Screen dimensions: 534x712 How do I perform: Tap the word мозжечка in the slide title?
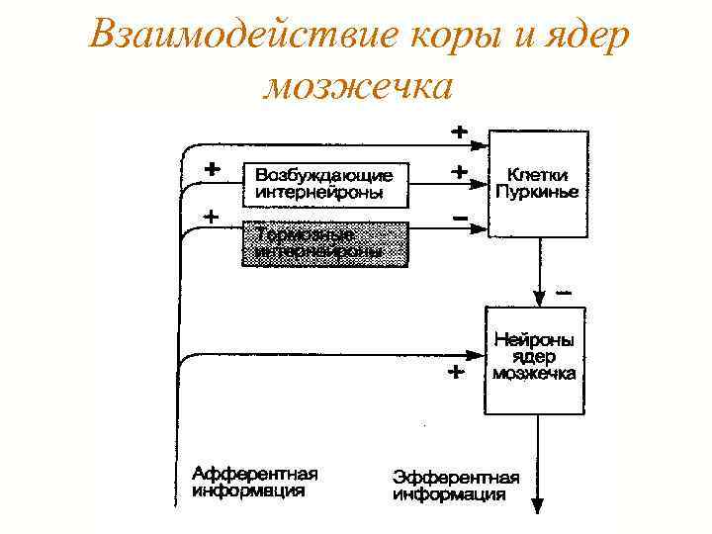click(358, 86)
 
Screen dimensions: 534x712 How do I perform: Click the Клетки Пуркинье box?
click(539, 184)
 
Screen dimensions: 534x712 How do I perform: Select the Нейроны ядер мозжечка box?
click(535, 360)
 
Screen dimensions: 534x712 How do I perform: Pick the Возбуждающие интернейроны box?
click(325, 184)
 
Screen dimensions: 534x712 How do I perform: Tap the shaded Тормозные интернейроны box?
click(325, 243)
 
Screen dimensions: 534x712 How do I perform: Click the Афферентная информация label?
click(255, 482)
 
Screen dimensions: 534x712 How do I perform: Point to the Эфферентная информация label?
click(449, 486)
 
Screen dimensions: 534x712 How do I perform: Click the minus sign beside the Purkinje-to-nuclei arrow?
click(564, 293)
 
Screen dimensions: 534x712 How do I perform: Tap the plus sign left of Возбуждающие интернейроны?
click(211, 168)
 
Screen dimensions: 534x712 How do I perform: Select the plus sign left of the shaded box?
click(211, 215)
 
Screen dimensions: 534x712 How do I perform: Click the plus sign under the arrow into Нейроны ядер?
click(455, 374)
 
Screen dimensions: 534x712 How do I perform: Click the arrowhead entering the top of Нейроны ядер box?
click(539, 299)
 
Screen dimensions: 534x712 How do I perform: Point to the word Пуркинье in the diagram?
click(539, 192)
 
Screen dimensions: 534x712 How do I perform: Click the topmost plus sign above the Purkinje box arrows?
click(460, 130)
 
